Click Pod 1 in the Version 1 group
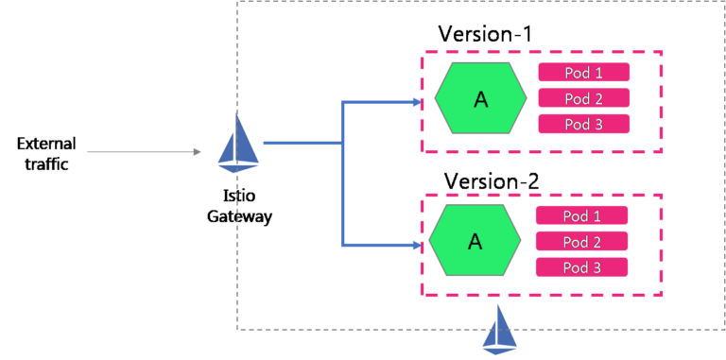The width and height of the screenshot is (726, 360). tap(583, 73)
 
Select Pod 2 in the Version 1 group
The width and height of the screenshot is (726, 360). tap(583, 98)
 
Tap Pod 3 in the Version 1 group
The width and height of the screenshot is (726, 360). tap(583, 124)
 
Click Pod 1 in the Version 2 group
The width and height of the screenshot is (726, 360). tap(581, 215)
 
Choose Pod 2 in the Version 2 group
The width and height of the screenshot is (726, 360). tap(581, 241)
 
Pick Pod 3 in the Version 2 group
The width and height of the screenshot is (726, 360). tap(581, 266)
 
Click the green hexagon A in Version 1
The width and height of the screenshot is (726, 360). tap(480, 99)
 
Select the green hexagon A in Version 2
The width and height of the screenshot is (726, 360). tap(475, 241)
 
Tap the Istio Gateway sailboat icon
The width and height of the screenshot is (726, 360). tap(238, 142)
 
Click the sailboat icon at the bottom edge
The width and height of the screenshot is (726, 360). tap(500, 330)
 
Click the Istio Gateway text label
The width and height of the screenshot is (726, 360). tap(239, 207)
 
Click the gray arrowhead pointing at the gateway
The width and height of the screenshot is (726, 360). tap(197, 151)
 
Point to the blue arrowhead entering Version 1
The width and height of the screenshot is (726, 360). tap(417, 101)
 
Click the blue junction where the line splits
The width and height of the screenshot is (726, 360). tap(342, 144)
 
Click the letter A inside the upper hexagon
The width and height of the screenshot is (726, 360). tap(480, 99)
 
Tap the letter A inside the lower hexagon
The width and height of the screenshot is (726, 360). tap(475, 241)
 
